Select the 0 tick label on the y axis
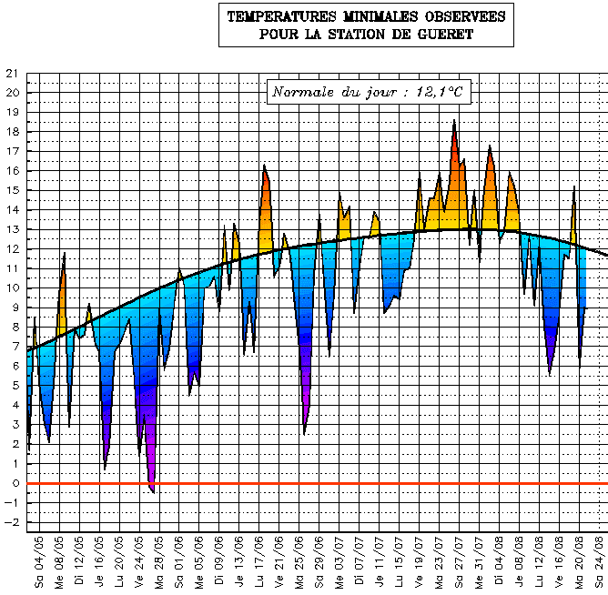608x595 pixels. (14, 484)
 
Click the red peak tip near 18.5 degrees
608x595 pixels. (454, 121)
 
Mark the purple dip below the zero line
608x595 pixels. (152, 489)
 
